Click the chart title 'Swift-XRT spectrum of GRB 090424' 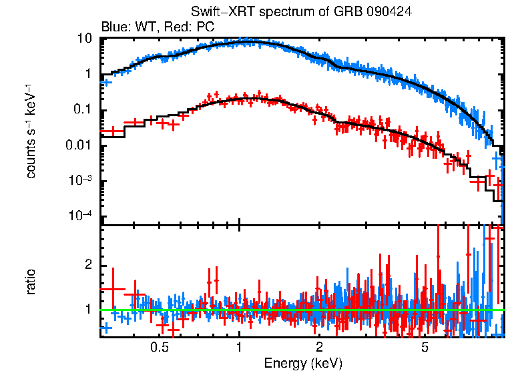coord(302,12)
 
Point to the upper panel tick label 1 coord(88,75)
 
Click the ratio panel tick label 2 coord(88,265)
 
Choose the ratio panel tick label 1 coord(88,309)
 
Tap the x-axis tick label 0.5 coord(159,348)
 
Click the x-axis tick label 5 coord(425,348)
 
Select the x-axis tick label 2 coord(320,348)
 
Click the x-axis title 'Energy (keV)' coord(303,363)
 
